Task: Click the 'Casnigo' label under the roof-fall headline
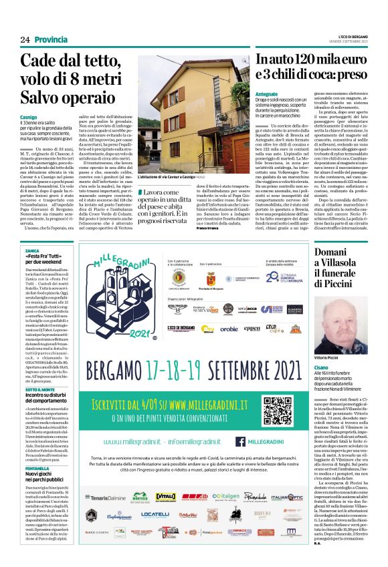coord(28,117)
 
